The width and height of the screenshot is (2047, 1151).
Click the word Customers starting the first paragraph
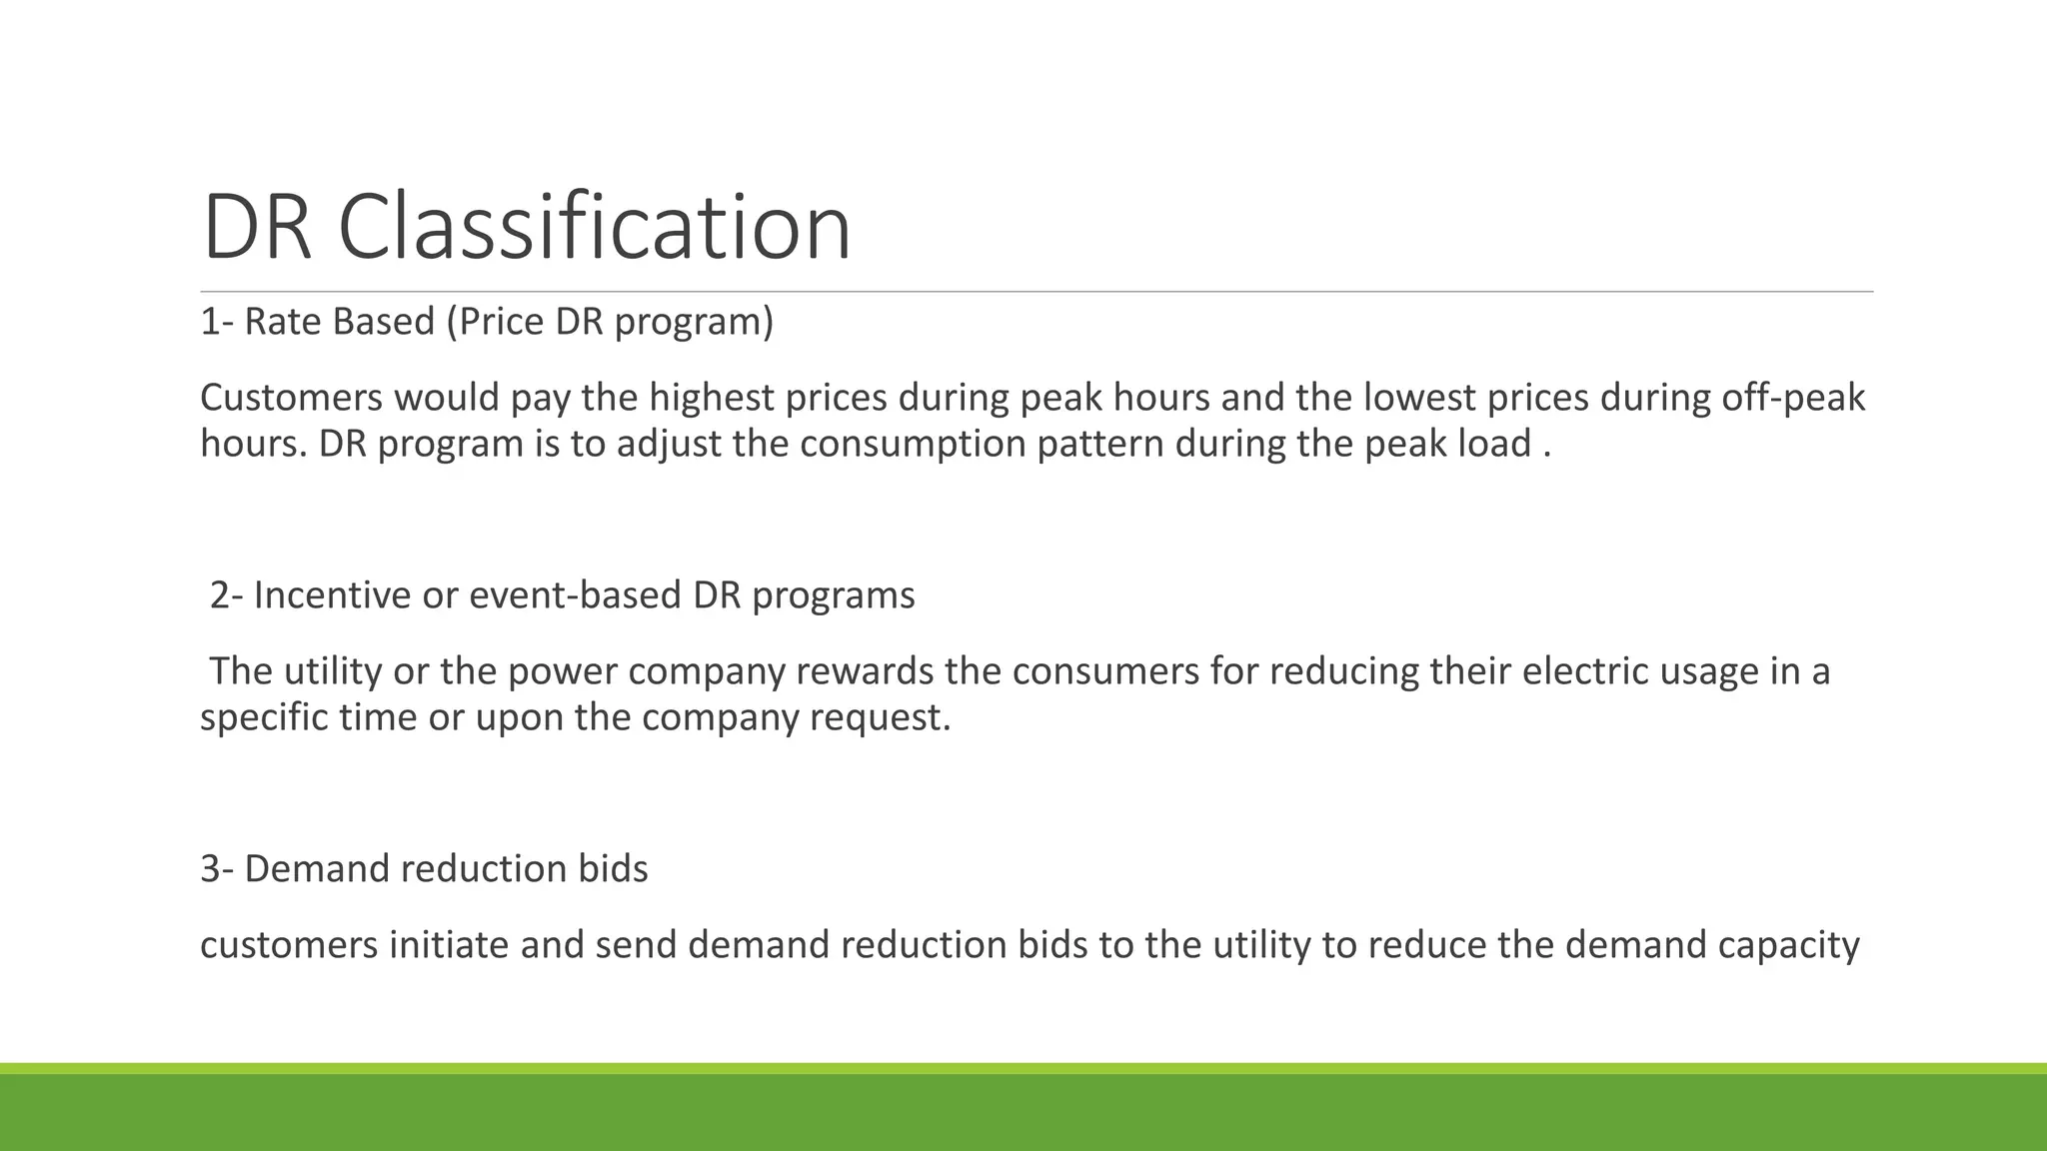[291, 398]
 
